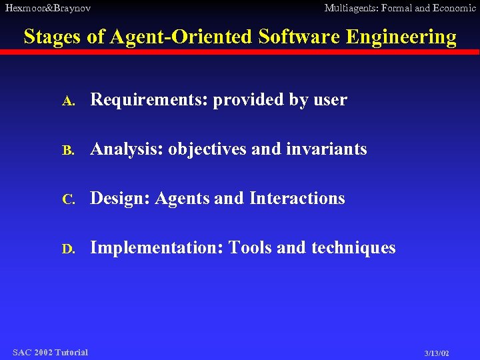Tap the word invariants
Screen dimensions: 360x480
point(327,149)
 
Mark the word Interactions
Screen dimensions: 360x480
point(297,199)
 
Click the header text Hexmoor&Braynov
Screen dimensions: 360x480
point(48,8)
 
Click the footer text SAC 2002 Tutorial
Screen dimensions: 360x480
point(50,352)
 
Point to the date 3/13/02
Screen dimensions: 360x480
point(436,353)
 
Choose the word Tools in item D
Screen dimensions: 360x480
point(250,248)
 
